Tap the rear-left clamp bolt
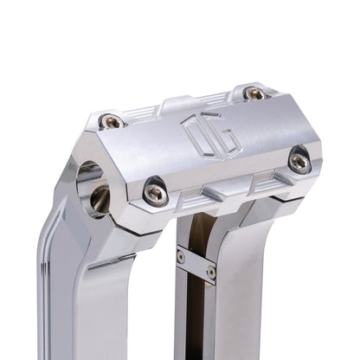[112, 122]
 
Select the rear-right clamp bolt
[254, 93]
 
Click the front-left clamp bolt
[156, 193]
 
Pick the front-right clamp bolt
[299, 160]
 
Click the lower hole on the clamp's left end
[98, 202]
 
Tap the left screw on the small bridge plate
[181, 256]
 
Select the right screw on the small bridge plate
[210, 273]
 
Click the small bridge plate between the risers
[196, 264]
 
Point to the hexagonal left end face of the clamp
[87, 186]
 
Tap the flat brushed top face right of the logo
[251, 130]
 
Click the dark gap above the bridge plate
[196, 232]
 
